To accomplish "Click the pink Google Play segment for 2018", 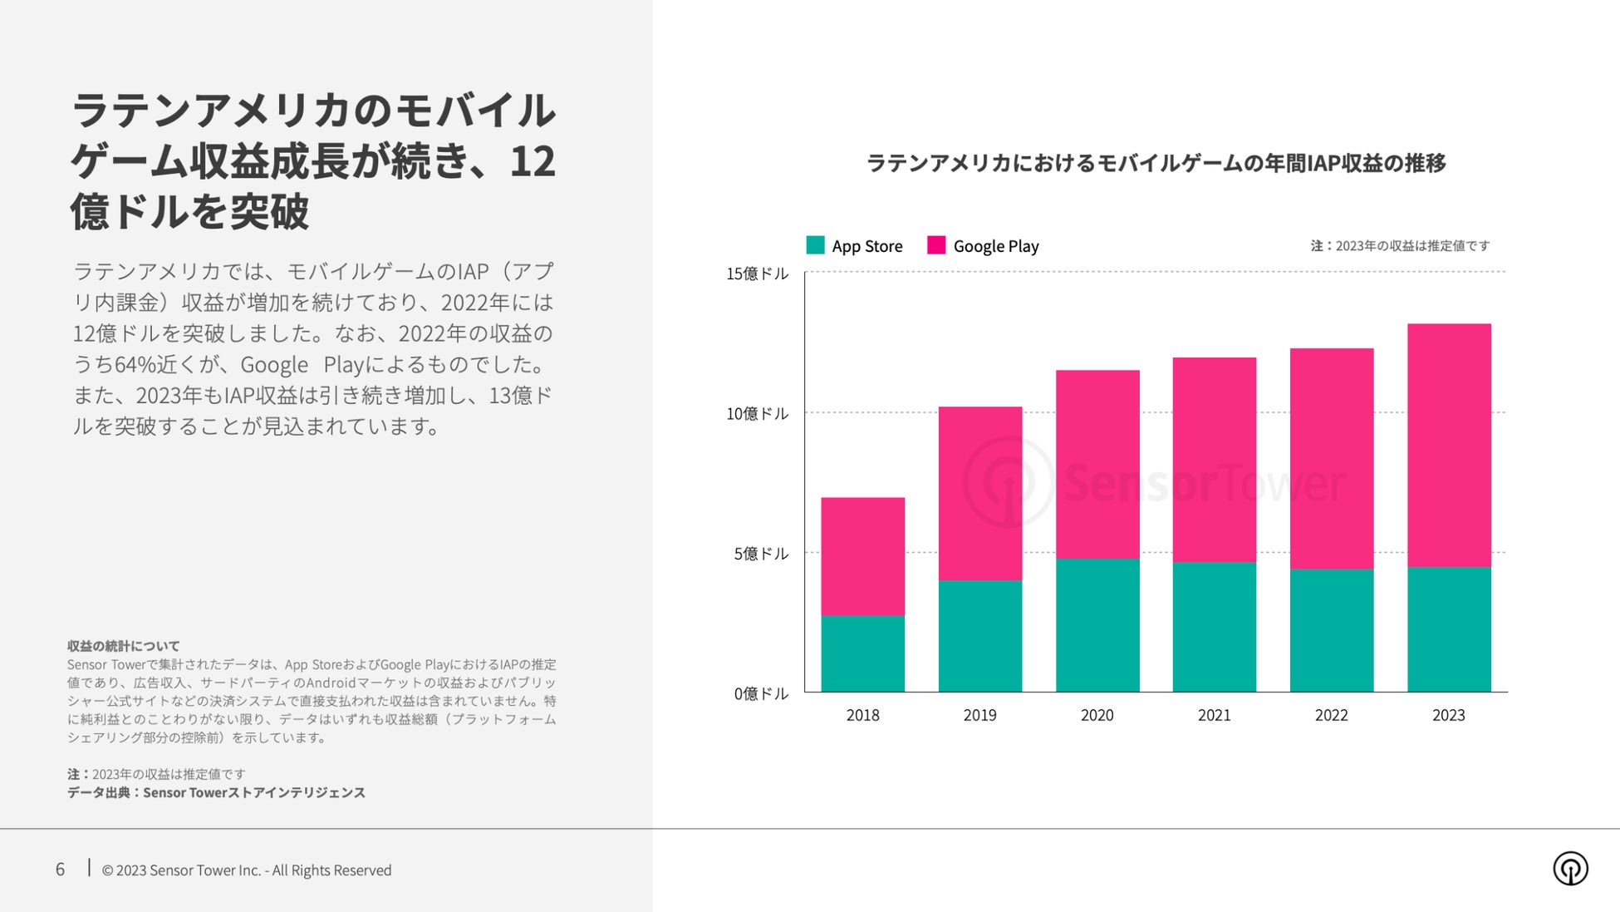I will (862, 556).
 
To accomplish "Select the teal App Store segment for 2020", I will (1097, 624).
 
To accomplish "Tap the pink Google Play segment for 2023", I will (1449, 445).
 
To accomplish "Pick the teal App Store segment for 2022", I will (1331, 630).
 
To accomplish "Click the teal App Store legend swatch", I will (815, 245).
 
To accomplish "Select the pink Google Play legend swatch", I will (936, 245).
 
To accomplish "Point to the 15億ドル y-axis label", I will (757, 274).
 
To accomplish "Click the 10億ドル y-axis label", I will (757, 413).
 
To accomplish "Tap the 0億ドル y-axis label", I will (760, 693).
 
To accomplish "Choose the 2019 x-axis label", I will (979, 715).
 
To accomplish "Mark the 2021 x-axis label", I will (1214, 715).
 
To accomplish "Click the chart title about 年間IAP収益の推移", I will (1156, 163).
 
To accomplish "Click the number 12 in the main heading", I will (532, 161).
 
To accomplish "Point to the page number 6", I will (60, 870).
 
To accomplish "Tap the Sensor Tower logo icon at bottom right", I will (1570, 869).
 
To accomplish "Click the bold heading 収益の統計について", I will (124, 646).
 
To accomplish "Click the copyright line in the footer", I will (246, 870).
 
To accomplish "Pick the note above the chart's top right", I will (1400, 246).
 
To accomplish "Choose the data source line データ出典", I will (216, 792).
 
